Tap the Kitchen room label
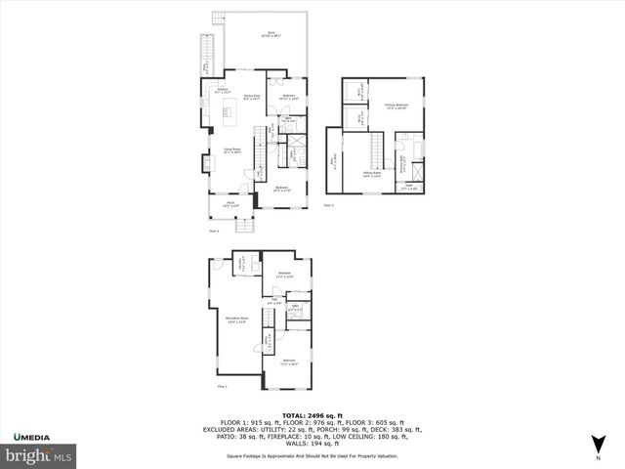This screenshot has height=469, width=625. click(223, 90)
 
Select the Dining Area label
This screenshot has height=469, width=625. click(251, 97)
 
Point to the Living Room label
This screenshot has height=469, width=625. click(231, 151)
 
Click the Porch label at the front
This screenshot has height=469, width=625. click(230, 204)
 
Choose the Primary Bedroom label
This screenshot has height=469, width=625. click(396, 107)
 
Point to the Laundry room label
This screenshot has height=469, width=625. click(240, 262)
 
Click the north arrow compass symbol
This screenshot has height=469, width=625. click(598, 448)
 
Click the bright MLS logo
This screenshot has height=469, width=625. click(38, 454)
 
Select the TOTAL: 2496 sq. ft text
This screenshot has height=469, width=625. click(312, 414)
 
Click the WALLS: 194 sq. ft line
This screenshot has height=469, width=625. click(312, 443)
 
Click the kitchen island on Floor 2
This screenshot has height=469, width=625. click(230, 120)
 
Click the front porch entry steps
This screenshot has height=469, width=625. click(247, 226)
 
